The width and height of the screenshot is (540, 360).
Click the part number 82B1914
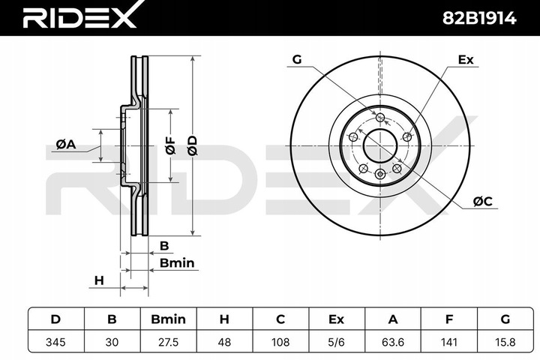coord(480,18)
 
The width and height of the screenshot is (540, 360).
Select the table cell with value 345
coord(55,341)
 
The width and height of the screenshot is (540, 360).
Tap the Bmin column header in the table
coord(167,319)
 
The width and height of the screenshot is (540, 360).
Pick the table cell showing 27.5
coord(167,341)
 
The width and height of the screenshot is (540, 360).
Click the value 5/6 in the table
coord(336,341)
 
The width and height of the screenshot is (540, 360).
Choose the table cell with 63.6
coord(392,341)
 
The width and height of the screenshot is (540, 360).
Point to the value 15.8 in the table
coord(505,341)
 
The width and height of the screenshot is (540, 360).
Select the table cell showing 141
coord(448,341)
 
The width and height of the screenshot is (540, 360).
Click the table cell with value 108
coord(280,341)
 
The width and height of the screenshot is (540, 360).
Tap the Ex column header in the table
coord(336,319)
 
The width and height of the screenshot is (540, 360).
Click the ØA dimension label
coord(66,145)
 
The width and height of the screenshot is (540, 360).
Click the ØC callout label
coord(482,200)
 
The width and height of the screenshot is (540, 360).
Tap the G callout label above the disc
coord(297,59)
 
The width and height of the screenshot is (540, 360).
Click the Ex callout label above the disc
coord(465,59)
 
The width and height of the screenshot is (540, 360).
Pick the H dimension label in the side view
coord(97,280)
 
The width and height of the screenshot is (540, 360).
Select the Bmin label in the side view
coord(177,262)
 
